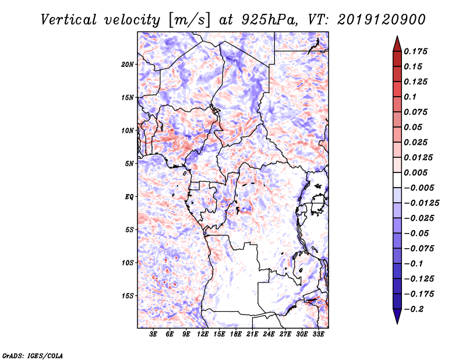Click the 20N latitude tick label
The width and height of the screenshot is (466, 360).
(x=128, y=64)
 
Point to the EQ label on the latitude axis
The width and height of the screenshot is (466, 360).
(x=129, y=197)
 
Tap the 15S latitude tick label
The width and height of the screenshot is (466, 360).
(x=128, y=296)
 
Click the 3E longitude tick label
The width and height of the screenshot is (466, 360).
(x=154, y=334)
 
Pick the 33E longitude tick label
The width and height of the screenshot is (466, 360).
(x=318, y=334)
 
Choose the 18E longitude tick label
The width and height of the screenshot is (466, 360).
(x=236, y=334)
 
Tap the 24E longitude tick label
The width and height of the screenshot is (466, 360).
(x=269, y=334)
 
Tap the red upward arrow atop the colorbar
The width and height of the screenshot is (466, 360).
(x=397, y=43)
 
